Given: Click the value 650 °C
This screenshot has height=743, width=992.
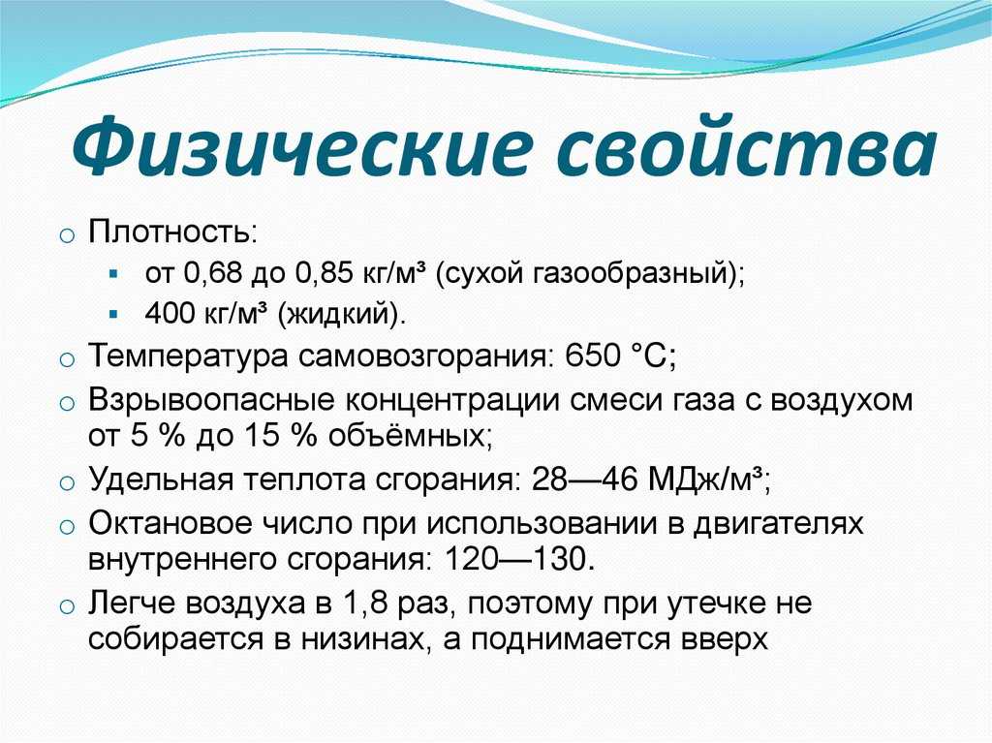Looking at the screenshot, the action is pos(616,356).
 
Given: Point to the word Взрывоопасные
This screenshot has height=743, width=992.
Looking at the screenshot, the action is pos(210,401).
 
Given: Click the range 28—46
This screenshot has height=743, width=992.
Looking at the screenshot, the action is pos(585,480).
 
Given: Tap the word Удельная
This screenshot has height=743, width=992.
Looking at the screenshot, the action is pos(162,480).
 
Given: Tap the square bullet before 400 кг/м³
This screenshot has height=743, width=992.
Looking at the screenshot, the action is pos(114,313).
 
